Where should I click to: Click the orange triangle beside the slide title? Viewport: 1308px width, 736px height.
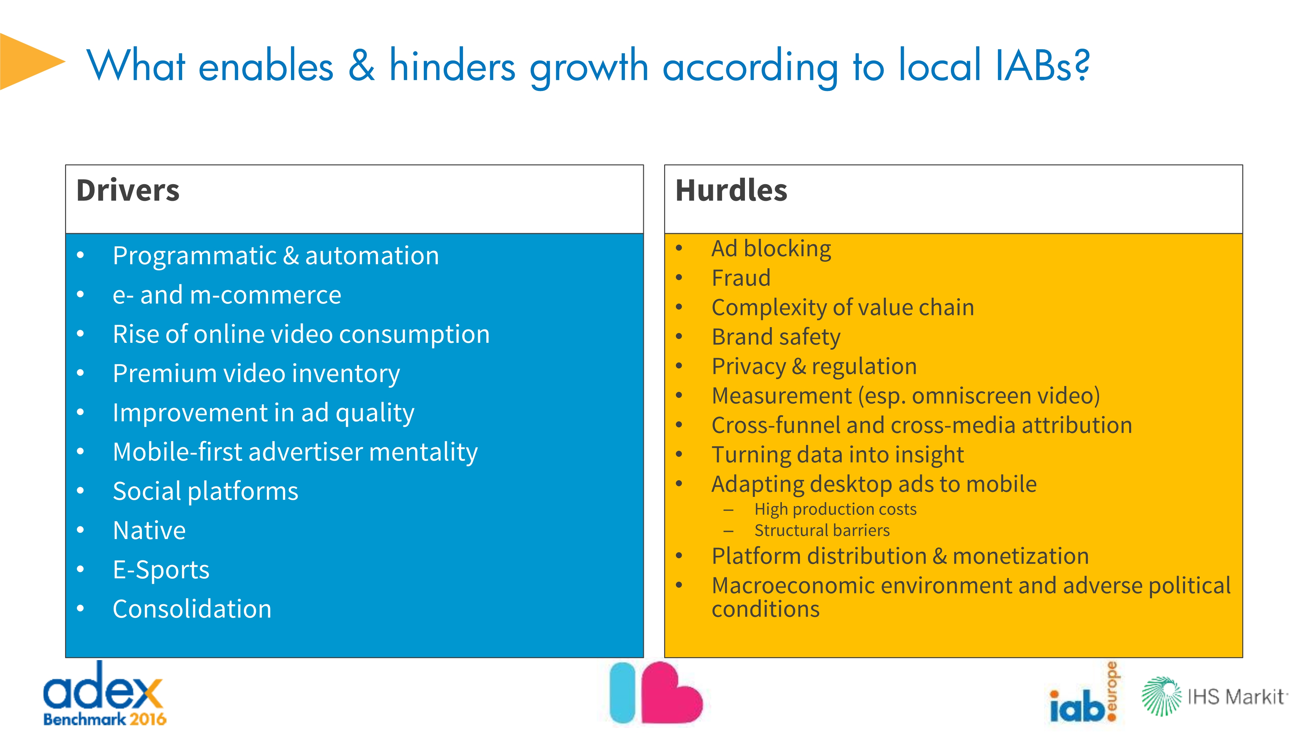28,62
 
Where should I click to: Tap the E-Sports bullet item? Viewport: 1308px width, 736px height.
161,570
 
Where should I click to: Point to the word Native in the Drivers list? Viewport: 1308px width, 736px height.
149,530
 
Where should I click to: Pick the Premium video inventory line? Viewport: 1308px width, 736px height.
256,374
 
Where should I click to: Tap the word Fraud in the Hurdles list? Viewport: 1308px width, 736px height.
741,278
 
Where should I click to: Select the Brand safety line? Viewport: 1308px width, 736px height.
776,337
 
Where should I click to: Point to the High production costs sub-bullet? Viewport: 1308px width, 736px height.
835,509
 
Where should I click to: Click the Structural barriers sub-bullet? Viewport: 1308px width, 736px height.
822,530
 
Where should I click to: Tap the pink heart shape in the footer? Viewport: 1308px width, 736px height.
671,693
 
